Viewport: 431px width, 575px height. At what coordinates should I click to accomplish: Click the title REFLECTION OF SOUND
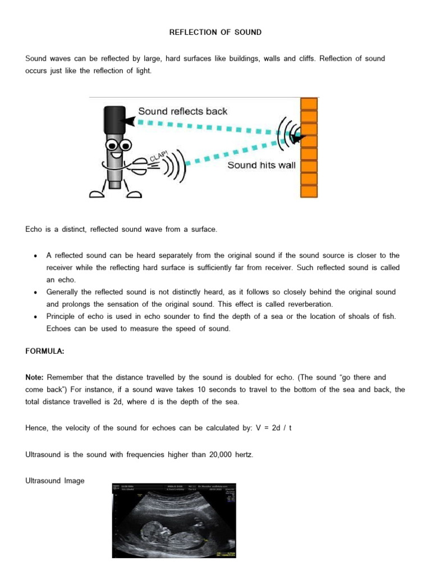(x=215, y=32)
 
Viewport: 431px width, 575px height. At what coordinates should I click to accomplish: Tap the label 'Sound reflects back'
(x=182, y=111)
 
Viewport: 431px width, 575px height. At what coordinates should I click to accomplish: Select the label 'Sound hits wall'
(x=261, y=166)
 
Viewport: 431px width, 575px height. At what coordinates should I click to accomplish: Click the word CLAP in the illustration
(x=159, y=157)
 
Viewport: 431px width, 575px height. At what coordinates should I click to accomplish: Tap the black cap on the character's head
(x=114, y=118)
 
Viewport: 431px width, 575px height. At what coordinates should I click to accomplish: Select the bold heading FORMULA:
(x=45, y=351)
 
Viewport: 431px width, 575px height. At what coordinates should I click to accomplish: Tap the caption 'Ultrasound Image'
(x=55, y=481)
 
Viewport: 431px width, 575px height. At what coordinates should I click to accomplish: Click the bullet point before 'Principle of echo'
(x=35, y=317)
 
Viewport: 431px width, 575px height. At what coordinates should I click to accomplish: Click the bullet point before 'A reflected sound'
(x=35, y=255)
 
